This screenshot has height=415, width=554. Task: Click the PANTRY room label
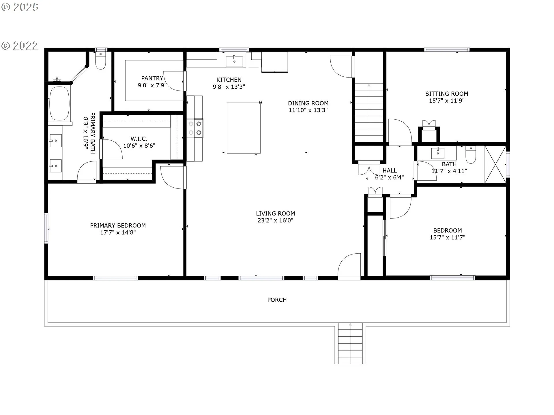152,78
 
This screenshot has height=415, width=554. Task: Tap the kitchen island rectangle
244,128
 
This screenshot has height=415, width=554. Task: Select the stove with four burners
195,128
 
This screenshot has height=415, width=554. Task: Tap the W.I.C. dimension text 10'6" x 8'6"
139,146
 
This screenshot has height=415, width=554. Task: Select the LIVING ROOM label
275,214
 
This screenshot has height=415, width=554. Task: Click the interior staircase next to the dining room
369,112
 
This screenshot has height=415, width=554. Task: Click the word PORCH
277,300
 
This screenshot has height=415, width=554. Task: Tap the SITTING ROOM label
447,94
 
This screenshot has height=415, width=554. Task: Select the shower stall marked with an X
495,165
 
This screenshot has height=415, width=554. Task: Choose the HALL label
390,171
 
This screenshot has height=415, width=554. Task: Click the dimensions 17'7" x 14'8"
118,233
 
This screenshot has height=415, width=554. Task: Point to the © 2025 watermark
20,7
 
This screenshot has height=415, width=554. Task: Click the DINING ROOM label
308,103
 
